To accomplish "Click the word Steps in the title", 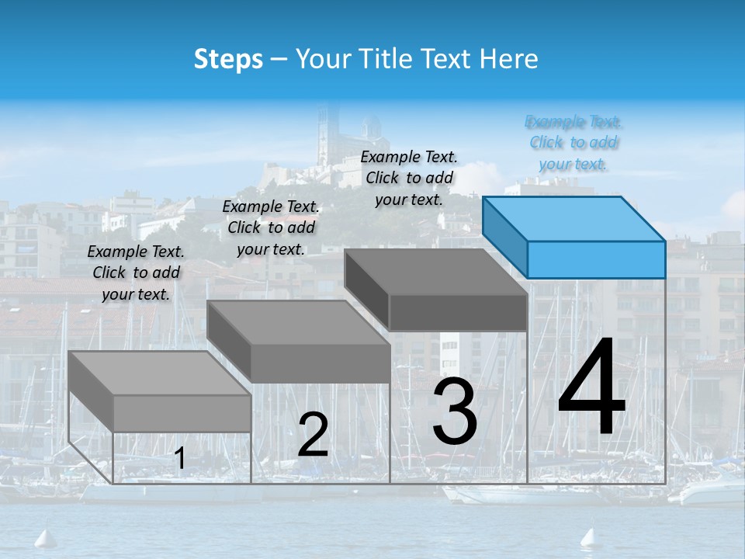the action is coord(228,59).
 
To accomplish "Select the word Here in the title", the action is coord(509,59).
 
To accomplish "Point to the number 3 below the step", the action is coord(454,414).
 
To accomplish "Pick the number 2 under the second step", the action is coord(313,435).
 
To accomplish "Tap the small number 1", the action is coord(179,459).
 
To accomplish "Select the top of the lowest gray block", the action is coord(159,373).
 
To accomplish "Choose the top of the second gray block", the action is coord(298,322).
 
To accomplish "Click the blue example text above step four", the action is coord(574,143).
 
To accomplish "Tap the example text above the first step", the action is coord(136,273).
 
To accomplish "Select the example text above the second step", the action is coord(271,227).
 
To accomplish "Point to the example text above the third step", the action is coord(409,178).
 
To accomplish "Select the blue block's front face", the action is coord(596,259).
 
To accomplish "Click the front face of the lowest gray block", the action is coord(182,413).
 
